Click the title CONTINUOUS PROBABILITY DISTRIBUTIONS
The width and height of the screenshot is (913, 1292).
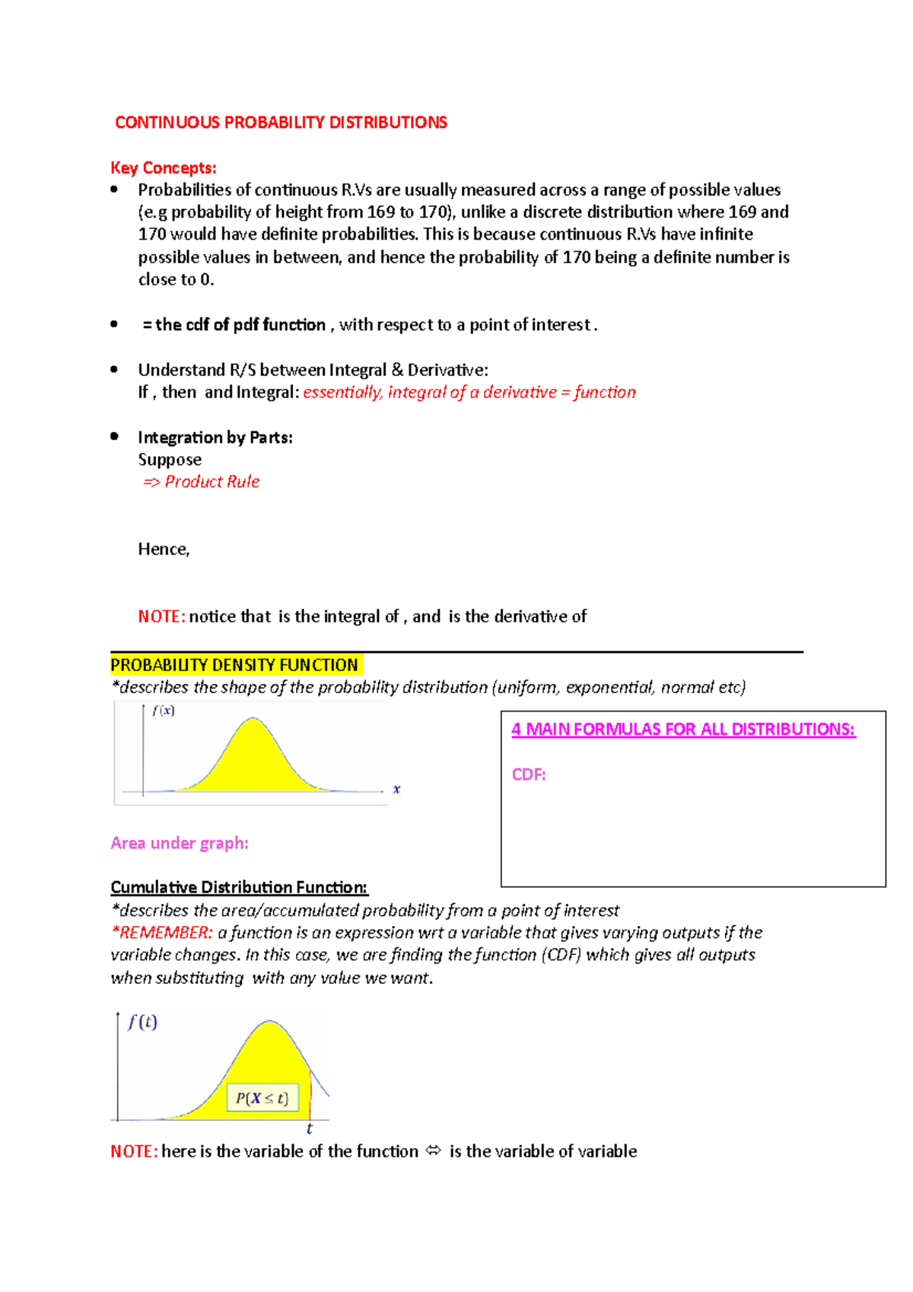[281, 123]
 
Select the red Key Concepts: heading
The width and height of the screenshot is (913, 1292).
[164, 168]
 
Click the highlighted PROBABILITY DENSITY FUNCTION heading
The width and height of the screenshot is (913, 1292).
[234, 665]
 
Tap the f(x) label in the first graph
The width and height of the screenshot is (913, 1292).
[163, 711]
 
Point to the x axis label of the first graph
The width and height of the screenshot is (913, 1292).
[396, 789]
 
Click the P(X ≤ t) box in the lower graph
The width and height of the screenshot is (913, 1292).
[262, 1098]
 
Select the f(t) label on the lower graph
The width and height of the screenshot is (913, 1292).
[142, 1022]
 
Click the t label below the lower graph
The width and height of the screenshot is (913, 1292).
[310, 1129]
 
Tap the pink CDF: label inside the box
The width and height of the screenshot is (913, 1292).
[529, 775]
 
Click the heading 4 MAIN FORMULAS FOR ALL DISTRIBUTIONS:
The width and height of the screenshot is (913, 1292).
[683, 729]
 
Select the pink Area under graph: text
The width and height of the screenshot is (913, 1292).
[180, 843]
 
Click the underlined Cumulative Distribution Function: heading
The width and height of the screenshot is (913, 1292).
[239, 887]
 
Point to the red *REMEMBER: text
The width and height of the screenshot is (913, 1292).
[161, 933]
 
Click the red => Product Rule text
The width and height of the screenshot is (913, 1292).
[202, 482]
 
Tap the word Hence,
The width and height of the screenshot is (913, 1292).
[164, 549]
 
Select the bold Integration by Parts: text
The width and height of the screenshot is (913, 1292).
[215, 438]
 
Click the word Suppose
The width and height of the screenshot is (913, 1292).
[170, 460]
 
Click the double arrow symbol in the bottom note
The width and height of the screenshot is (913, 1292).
[434, 1151]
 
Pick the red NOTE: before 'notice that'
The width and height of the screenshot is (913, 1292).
[161, 616]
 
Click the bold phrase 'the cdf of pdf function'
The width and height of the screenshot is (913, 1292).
[240, 325]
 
